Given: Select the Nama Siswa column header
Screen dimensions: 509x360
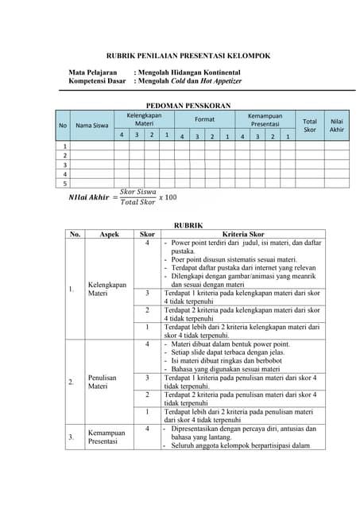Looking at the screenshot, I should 91,125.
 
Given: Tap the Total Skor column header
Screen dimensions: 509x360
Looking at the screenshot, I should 310,125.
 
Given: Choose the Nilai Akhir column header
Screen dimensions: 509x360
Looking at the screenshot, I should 337,125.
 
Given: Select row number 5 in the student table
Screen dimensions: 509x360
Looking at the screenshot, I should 64,183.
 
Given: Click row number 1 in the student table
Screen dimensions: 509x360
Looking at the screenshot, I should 64,146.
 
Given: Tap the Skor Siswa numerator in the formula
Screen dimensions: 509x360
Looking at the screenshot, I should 137,192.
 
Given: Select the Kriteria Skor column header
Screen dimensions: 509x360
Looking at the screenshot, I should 243,235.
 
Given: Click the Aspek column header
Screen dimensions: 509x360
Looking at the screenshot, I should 110,235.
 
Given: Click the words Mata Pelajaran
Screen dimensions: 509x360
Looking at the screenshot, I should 93,72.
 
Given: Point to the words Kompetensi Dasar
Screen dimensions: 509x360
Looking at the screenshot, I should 97,81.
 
